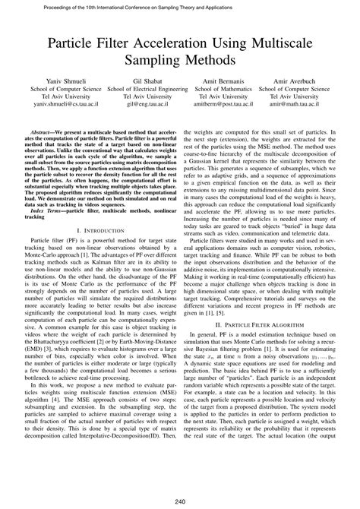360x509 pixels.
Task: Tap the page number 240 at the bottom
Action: (180, 499)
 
